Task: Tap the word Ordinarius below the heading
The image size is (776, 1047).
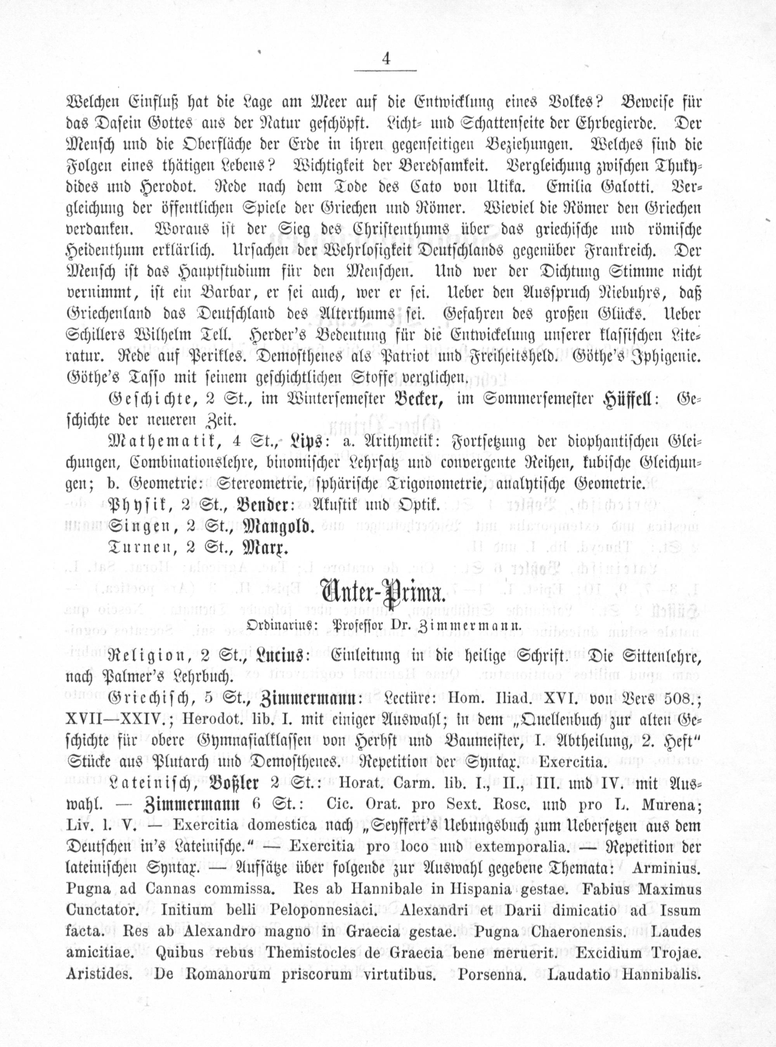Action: point(275,626)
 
